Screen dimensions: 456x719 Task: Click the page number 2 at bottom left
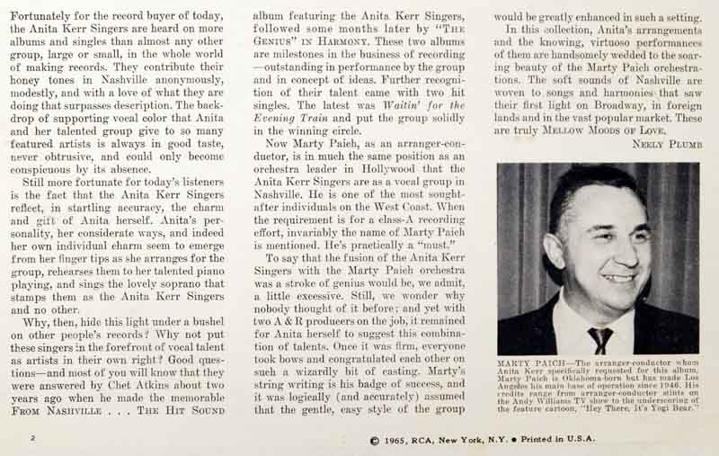pyautogui.click(x=31, y=438)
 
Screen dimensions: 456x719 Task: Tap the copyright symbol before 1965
pyautogui.click(x=374, y=440)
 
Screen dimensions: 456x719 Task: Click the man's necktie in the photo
pyautogui.click(x=599, y=340)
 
